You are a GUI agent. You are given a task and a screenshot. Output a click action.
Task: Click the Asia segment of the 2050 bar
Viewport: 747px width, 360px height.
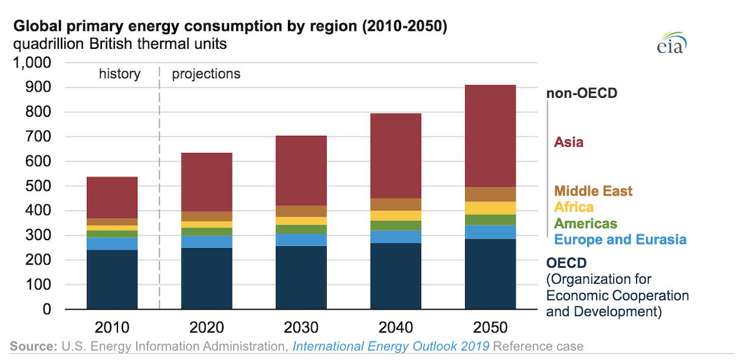pyautogui.click(x=490, y=136)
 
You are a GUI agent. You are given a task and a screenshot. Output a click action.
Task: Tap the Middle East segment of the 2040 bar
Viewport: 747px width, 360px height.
pyautogui.click(x=396, y=204)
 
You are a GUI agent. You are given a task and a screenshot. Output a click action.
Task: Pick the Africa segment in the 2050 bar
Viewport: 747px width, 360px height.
pyautogui.click(x=490, y=208)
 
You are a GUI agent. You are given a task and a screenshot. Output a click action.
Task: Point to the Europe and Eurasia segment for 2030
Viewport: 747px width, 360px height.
pyautogui.click(x=301, y=240)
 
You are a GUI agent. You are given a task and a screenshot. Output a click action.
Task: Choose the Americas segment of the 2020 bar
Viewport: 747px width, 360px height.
pyautogui.click(x=207, y=232)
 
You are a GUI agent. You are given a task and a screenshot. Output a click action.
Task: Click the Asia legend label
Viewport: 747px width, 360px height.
pyautogui.click(x=569, y=142)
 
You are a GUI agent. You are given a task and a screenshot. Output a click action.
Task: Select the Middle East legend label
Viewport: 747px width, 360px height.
pyautogui.click(x=593, y=191)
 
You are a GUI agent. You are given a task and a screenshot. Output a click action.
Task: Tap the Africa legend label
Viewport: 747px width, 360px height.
pyautogui.click(x=574, y=207)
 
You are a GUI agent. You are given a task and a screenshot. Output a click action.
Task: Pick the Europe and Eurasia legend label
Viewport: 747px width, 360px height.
pyautogui.click(x=620, y=240)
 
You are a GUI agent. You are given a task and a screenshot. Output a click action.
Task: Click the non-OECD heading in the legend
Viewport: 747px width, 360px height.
pyautogui.click(x=581, y=94)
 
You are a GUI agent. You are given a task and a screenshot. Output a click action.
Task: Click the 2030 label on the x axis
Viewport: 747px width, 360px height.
pyautogui.click(x=301, y=328)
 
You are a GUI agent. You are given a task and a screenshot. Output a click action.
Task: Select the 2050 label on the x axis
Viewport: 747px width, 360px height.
pyautogui.click(x=490, y=328)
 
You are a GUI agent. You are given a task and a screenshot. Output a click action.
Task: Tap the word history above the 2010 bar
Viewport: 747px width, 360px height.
pyautogui.click(x=120, y=75)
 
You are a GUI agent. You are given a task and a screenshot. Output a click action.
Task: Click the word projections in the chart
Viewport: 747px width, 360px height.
pyautogui.click(x=206, y=75)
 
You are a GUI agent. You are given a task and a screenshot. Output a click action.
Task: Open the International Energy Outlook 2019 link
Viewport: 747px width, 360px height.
pyautogui.click(x=390, y=346)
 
